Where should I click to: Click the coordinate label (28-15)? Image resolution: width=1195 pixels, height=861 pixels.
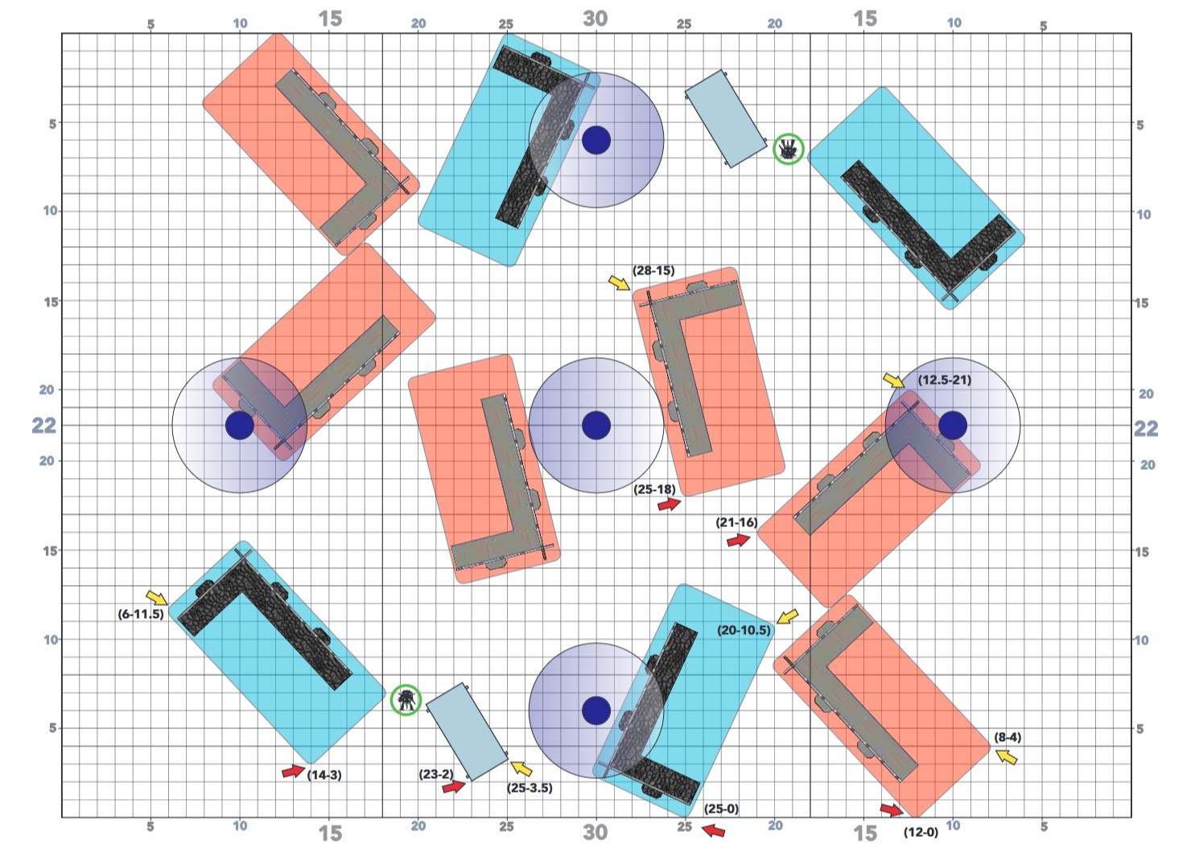653,270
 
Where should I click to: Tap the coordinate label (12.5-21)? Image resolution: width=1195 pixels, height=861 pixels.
944,381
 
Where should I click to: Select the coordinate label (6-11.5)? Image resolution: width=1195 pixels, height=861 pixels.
141,614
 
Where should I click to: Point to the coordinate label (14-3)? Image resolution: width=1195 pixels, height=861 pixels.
324,775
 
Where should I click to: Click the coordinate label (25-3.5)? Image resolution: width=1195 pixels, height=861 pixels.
530,788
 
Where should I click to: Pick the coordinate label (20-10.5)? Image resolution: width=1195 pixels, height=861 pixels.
744,631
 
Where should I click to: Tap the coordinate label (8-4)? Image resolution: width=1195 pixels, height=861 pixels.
1008,737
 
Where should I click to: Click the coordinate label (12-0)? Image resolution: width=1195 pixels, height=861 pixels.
921,832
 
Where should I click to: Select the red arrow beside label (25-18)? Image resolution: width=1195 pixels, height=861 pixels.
669,504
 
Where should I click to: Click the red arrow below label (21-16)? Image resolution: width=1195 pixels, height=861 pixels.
739,541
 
